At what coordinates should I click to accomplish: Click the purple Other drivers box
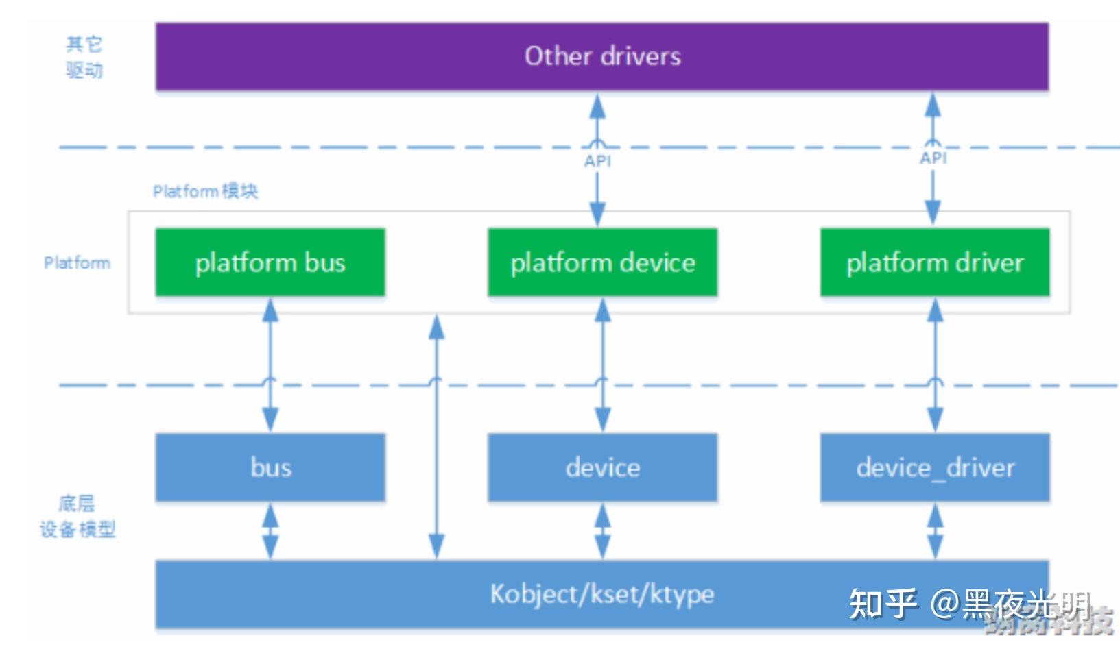pos(601,56)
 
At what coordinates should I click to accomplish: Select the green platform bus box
pos(270,262)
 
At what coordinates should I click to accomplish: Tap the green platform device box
pos(602,262)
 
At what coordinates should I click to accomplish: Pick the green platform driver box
pos(934,262)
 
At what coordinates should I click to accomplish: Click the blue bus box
pos(270,467)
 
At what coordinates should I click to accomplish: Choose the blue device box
pos(602,467)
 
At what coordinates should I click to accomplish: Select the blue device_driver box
pos(934,467)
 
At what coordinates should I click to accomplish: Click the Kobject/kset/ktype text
pos(601,594)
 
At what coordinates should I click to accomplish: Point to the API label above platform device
pos(597,161)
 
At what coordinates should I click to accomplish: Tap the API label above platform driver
pos(933,158)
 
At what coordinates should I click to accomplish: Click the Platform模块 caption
pos(205,191)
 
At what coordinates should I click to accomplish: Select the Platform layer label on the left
pos(77,263)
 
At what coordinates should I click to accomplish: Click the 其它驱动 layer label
pos(84,58)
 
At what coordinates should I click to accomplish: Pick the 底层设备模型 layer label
pos(77,517)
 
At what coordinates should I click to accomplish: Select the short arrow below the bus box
pos(270,531)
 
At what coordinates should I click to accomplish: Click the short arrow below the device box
pos(602,531)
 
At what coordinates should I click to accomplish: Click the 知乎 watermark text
pos(882,604)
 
